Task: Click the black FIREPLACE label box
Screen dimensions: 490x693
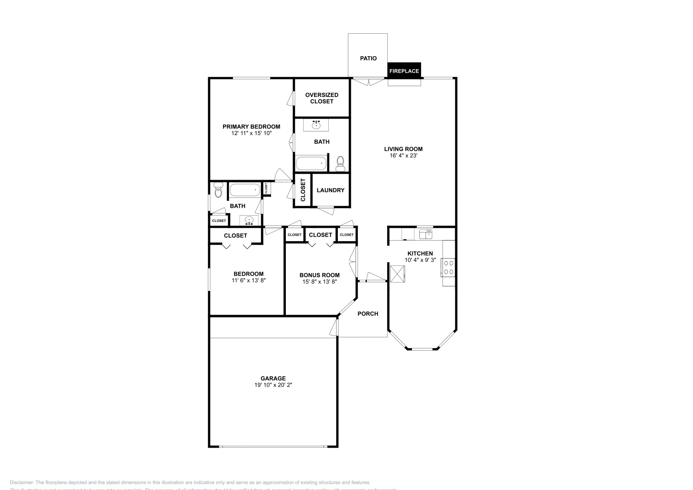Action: pyautogui.click(x=404, y=71)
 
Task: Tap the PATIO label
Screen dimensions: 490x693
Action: pyautogui.click(x=368, y=58)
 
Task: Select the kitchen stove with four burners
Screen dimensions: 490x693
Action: pyautogui.click(x=448, y=268)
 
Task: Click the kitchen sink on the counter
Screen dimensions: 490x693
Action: pyautogui.click(x=426, y=234)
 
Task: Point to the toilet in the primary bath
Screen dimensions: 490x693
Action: pyautogui.click(x=340, y=164)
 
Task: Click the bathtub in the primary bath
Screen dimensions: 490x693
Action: pyautogui.click(x=311, y=164)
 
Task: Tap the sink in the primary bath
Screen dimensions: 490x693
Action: pyautogui.click(x=316, y=125)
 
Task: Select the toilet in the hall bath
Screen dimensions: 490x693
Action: pyautogui.click(x=218, y=190)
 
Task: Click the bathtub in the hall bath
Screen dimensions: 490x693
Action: pyautogui.click(x=245, y=190)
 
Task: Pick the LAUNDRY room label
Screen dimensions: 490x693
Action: pyautogui.click(x=330, y=190)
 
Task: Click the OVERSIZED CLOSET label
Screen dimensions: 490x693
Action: pyautogui.click(x=322, y=98)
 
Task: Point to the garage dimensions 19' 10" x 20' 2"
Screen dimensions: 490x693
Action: pyautogui.click(x=273, y=385)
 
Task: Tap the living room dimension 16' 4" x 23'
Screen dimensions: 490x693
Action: pyautogui.click(x=403, y=155)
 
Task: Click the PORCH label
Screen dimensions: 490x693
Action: pyautogui.click(x=368, y=313)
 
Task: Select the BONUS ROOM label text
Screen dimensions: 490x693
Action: pyautogui.click(x=320, y=275)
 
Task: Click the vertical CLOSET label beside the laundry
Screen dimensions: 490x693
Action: pyautogui.click(x=303, y=190)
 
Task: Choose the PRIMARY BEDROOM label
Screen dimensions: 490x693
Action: pyautogui.click(x=251, y=126)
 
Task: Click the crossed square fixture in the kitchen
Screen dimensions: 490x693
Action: pyautogui.click(x=398, y=274)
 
